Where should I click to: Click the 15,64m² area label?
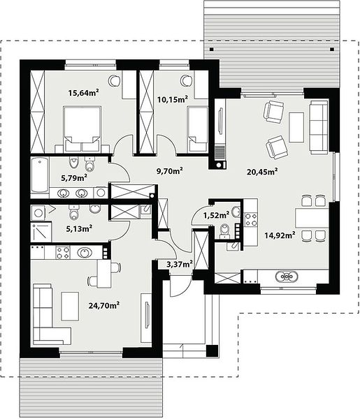point(84,93)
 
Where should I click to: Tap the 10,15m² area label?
point(172,100)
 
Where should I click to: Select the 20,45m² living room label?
point(261,172)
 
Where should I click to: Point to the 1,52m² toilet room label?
point(216,215)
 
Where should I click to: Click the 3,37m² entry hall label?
point(180,264)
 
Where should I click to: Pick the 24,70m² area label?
point(103,305)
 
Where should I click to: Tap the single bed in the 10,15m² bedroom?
point(197,129)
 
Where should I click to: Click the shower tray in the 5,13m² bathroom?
point(41,231)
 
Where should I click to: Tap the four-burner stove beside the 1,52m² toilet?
point(251,219)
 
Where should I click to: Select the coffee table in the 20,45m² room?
point(296,127)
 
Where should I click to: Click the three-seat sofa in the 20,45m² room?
point(319,127)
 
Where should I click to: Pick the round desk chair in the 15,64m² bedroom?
point(114,80)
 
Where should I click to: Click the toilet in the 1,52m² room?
point(225,231)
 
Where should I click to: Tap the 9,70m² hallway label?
point(170,170)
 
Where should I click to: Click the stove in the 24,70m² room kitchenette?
point(63,253)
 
